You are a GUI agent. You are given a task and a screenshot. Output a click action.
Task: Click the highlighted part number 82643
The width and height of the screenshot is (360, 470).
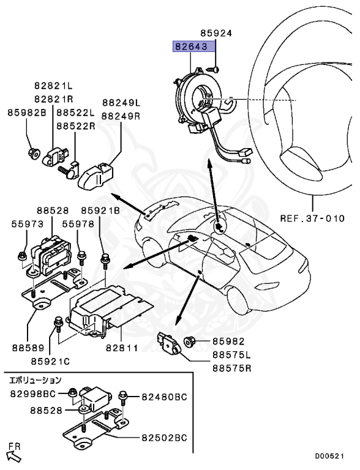coord(192,47)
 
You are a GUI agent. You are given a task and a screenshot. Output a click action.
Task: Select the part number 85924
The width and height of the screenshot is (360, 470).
coord(216,33)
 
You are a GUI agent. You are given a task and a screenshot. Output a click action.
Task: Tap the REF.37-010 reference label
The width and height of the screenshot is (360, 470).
coord(312,218)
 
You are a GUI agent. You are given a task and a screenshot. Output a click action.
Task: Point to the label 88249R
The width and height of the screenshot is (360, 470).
coord(121,116)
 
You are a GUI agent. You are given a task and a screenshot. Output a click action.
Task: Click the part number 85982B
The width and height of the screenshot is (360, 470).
coord(27,113)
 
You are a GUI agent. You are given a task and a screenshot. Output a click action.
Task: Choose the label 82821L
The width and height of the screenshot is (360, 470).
coord(53,86)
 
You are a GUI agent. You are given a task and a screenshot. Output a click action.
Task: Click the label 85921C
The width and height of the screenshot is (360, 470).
coord(50,362)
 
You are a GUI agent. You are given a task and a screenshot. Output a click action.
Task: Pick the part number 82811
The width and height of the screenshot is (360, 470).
coord(122,348)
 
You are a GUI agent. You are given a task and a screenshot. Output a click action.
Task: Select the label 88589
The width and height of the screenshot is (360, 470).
coord(28,348)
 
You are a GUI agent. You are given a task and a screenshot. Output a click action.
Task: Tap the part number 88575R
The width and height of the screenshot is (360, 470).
coord(231,368)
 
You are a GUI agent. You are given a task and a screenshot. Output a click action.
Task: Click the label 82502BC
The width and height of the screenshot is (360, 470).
coord(165,438)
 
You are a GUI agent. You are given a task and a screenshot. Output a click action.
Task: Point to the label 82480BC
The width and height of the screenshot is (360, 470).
coord(165,397)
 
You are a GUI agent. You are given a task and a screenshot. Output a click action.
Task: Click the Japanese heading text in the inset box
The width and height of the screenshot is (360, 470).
coord(36,381)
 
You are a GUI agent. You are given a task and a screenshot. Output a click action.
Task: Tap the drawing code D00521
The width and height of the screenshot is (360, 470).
coord(329,457)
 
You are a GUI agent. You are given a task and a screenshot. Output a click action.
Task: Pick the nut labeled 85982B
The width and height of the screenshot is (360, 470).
coord(33,154)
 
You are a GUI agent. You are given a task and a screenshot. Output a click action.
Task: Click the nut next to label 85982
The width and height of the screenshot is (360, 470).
coord(189,341)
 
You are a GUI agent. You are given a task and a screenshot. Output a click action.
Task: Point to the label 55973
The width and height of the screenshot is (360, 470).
coord(28,224)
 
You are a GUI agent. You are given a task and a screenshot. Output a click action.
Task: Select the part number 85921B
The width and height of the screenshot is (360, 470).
coord(100,211)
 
